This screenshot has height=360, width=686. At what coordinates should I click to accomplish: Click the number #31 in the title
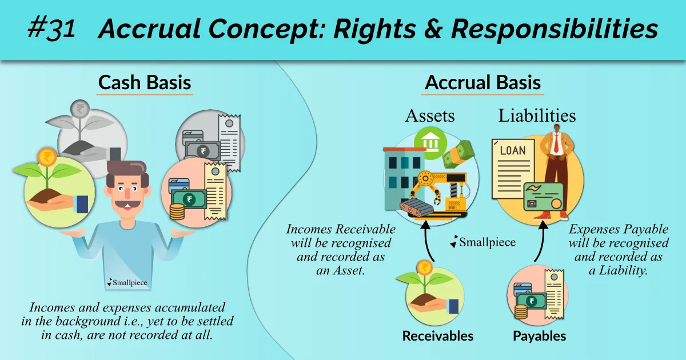coord(51,29)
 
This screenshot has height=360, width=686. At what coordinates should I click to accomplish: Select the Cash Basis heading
coord(145,82)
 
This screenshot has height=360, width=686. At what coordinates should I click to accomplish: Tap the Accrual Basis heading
coord(482,82)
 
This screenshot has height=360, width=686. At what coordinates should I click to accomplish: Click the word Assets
coord(430,115)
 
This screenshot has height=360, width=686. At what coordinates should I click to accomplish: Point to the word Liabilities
coord(537,115)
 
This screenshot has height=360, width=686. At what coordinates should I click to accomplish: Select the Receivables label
coord(438,336)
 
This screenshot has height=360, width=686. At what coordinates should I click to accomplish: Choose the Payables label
coord(539,336)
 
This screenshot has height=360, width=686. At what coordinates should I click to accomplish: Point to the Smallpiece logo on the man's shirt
coord(127,282)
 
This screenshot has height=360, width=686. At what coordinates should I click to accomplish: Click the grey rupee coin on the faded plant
coord(82,110)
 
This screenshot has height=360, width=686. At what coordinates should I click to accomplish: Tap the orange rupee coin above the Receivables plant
coord(424,267)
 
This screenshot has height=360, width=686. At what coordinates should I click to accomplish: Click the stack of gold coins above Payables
coord(520,312)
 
